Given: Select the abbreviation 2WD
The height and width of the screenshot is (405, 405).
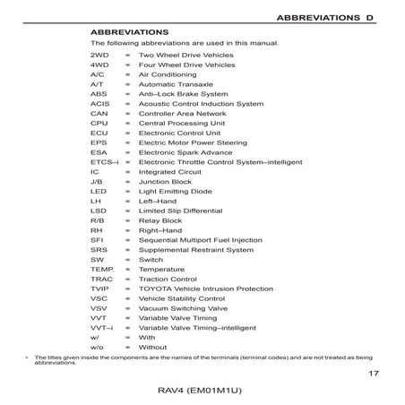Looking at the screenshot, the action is [100, 56].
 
